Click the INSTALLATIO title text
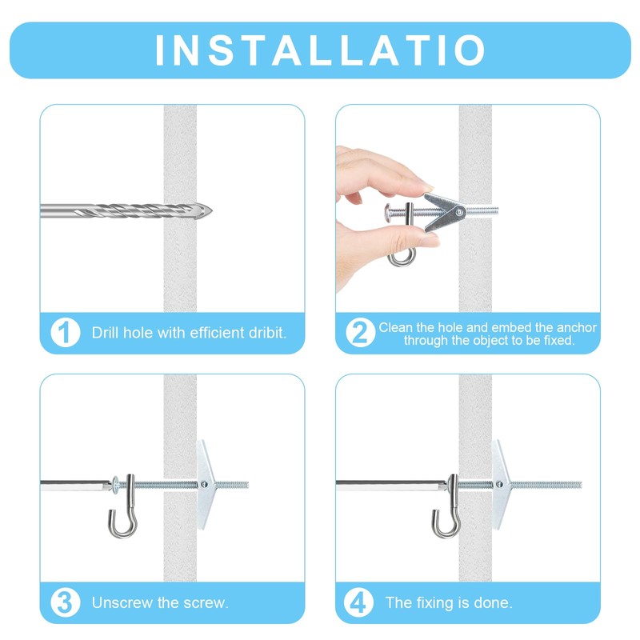[321, 50]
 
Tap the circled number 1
[66, 333]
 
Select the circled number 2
[361, 333]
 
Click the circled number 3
[66, 602]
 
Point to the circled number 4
[358, 602]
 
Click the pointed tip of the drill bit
[212, 211]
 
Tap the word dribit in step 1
[267, 333]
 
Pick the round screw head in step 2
[389, 212]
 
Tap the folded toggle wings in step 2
[445, 212]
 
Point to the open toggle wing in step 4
[500, 485]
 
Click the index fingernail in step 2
[427, 187]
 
